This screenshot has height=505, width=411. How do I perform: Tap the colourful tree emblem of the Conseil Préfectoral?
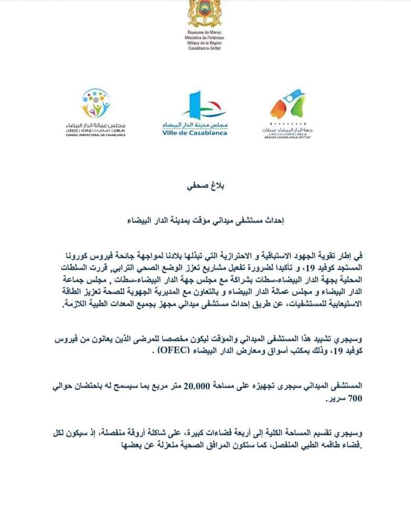coord(95,102)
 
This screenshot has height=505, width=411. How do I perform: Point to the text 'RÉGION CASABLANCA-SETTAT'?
coord(287,137)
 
